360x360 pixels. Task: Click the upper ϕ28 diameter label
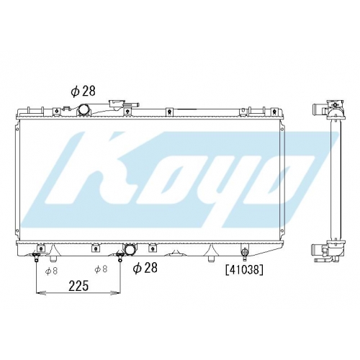83,91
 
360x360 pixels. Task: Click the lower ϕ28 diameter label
145,268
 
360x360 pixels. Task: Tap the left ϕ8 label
51,271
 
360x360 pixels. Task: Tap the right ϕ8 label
101,269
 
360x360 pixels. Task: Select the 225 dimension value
78,286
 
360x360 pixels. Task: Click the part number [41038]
244,271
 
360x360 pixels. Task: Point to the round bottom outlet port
130,248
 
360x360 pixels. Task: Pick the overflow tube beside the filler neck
133,104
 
